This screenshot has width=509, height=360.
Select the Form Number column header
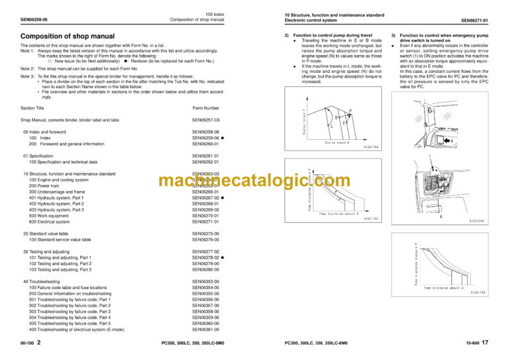(205, 107)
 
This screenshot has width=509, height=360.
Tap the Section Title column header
(32, 107)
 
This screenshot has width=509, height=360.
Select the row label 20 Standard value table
(46, 233)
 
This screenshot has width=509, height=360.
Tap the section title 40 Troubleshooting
(42, 281)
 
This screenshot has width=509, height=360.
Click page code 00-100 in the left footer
(28, 344)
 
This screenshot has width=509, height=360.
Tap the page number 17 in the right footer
(486, 343)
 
